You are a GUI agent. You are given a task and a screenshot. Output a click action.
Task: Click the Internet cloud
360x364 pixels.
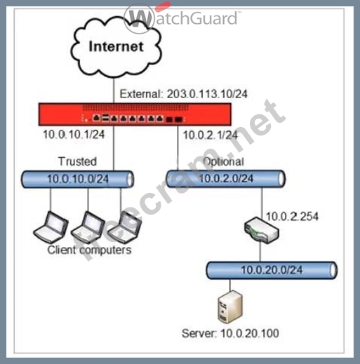(x=116, y=48)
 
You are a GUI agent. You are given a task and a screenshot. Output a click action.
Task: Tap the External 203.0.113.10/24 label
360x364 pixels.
(x=183, y=94)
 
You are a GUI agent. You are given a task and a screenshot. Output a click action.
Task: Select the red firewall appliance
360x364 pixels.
(x=135, y=114)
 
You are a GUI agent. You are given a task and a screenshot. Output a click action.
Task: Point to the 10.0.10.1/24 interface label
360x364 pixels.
(x=74, y=135)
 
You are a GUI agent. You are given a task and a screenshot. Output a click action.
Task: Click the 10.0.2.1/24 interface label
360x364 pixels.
(x=211, y=135)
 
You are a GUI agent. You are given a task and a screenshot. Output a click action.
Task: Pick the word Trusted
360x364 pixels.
(x=77, y=161)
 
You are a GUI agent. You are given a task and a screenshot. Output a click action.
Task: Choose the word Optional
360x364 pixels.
(x=224, y=162)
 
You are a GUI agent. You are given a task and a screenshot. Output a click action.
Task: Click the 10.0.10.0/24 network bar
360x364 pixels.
(x=77, y=180)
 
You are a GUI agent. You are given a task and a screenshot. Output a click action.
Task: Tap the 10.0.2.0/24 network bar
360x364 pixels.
(x=226, y=179)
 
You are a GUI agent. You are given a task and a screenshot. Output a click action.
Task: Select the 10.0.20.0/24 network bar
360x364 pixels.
(x=272, y=270)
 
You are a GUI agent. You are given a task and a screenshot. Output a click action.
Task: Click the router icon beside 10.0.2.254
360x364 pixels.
(x=262, y=230)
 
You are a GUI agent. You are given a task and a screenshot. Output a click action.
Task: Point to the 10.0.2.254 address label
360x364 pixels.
(x=292, y=217)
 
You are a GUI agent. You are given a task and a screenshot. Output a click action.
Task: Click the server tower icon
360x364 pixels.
(x=230, y=306)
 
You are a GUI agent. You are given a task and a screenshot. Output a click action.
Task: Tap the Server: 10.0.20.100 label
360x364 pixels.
(x=230, y=333)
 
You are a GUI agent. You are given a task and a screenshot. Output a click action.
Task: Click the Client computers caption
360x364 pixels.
(x=89, y=250)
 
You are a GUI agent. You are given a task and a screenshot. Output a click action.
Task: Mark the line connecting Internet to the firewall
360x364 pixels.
(x=114, y=90)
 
